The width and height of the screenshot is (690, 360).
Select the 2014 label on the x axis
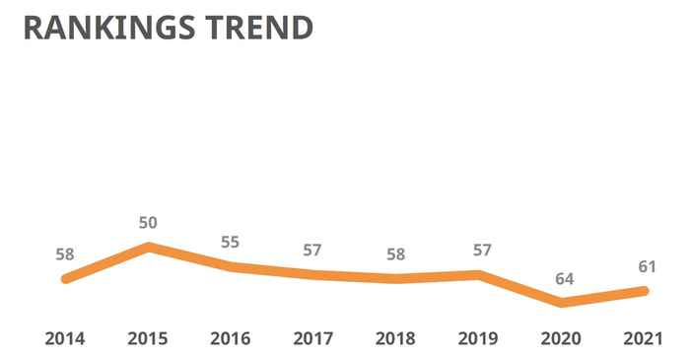65,338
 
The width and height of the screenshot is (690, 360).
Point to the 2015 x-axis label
148,338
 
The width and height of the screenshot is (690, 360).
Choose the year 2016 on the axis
231,338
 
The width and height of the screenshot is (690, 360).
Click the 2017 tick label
313,338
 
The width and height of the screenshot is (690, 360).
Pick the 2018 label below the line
396,338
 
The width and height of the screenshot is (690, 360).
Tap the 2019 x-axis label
479,338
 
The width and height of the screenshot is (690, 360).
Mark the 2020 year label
562,338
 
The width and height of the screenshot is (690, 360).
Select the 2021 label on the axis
645,338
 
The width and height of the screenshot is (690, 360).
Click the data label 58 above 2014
65,253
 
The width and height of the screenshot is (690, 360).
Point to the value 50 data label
148,223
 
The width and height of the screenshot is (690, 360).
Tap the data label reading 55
231,242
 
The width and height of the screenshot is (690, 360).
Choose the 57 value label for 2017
312,250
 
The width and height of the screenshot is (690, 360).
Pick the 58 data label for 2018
396,253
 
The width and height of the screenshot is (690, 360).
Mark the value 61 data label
645,266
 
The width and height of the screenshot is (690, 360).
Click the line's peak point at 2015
149,247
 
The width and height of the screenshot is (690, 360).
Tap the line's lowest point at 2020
563,303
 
